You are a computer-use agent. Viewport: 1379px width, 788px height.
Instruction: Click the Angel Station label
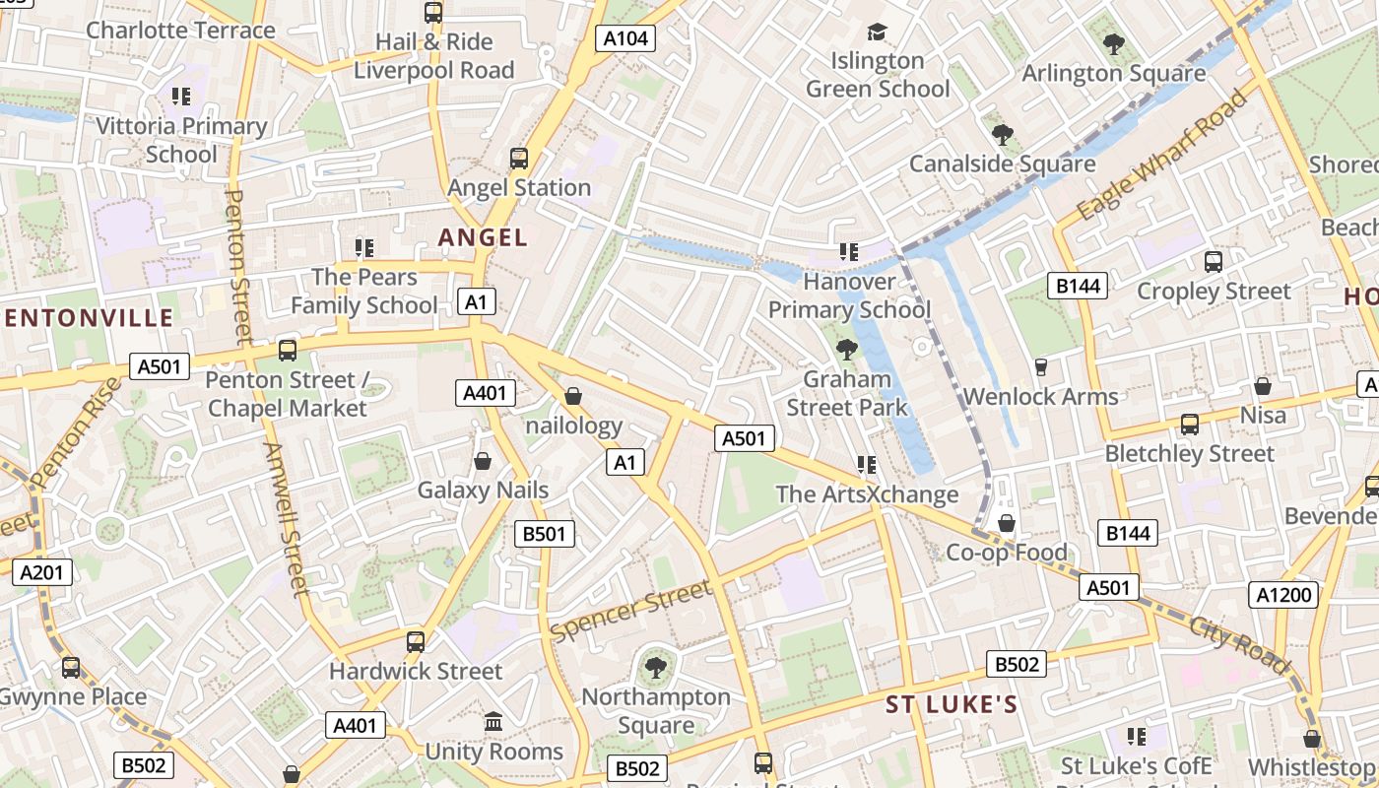pyautogui.click(x=519, y=187)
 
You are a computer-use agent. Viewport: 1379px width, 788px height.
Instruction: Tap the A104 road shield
pyautogui.click(x=625, y=38)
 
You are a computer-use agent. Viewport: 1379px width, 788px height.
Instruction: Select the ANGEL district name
pyautogui.click(x=483, y=237)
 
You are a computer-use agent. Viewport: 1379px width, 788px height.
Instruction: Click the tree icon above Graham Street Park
pyautogui.click(x=846, y=349)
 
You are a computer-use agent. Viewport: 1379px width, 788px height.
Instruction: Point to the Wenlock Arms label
pyautogui.click(x=1040, y=397)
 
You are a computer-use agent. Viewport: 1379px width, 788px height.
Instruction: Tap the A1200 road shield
pyautogui.click(x=1285, y=594)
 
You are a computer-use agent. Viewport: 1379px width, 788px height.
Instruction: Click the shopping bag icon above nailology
pyautogui.click(x=573, y=396)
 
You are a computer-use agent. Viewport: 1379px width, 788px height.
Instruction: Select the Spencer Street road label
pyautogui.click(x=630, y=611)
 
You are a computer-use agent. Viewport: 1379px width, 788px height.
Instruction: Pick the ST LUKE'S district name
pyautogui.click(x=951, y=704)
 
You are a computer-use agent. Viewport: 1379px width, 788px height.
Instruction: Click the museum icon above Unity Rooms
pyautogui.click(x=493, y=722)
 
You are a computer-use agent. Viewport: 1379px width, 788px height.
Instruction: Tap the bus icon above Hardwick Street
pyautogui.click(x=416, y=642)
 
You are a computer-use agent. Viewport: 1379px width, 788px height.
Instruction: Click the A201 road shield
pyautogui.click(x=41, y=571)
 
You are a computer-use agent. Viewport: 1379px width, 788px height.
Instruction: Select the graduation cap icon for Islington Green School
pyautogui.click(x=877, y=32)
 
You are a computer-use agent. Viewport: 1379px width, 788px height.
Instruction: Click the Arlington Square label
pyautogui.click(x=1113, y=74)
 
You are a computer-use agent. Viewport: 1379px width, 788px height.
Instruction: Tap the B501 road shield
pyautogui.click(x=545, y=534)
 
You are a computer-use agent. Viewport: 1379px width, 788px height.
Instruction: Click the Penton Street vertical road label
pyautogui.click(x=238, y=266)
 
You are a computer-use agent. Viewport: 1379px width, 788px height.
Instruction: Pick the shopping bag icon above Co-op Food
pyautogui.click(x=1007, y=522)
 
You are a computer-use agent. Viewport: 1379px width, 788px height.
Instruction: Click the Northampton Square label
pyautogui.click(x=655, y=711)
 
